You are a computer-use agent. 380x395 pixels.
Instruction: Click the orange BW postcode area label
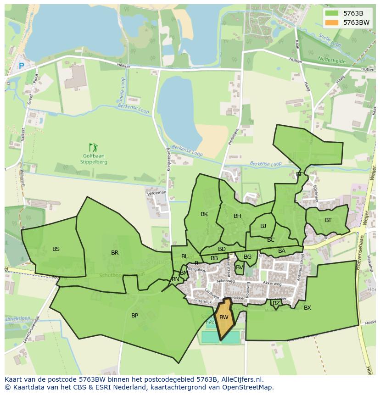pos(224,317)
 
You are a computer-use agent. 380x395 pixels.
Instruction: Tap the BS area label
pos(56,249)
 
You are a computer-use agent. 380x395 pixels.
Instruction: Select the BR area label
pos(115,253)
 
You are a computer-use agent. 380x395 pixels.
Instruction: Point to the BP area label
pos(134,316)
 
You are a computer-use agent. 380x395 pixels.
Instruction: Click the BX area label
pos(307,308)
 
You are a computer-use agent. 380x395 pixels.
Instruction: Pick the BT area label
pos(328,220)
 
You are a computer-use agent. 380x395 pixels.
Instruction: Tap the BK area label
pos(204,214)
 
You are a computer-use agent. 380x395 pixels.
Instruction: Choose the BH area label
pos(237,216)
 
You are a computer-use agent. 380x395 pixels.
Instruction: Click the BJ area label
pos(263,226)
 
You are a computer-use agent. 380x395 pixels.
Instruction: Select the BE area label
pos(299,174)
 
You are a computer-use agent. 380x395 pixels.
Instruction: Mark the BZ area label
pos(276,303)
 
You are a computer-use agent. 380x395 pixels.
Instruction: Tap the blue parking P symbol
pos(21,66)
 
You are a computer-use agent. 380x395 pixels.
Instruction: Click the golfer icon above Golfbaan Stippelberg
pos(94,148)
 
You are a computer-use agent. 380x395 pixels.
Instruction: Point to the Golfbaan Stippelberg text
pos(94,159)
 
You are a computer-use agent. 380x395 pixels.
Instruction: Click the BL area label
pos(184,256)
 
